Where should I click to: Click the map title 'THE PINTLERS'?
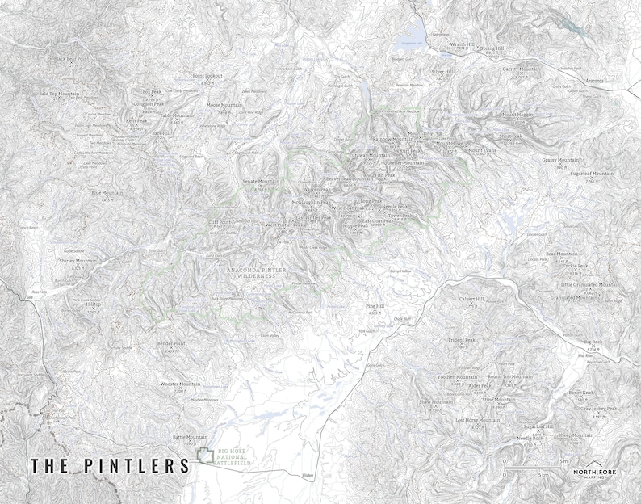[x=110, y=466]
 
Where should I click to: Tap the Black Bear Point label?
[x=71, y=59]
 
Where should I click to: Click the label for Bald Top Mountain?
[x=60, y=94]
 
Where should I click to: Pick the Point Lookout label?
[x=207, y=76]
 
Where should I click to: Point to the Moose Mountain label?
[x=224, y=105]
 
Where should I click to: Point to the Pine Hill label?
[x=375, y=306]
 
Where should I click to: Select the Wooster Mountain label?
[x=180, y=384]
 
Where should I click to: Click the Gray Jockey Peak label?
[x=597, y=409]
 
